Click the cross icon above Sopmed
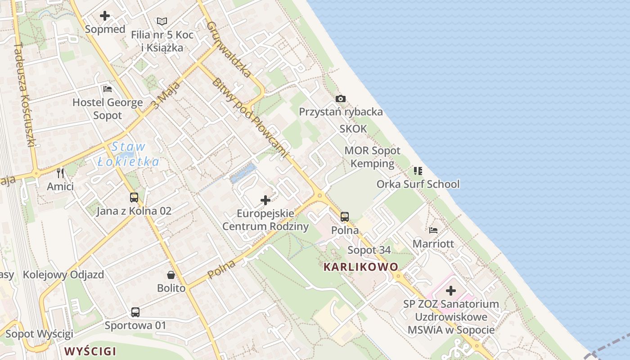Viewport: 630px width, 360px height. pos(105,16)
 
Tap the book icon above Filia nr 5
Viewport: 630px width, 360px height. pos(162,21)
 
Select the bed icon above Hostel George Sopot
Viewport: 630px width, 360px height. pos(108,89)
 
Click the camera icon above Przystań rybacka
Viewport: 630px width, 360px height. pos(341,99)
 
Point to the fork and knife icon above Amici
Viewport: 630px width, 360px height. pos(60,173)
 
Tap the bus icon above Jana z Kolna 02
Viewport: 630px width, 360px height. pos(134,197)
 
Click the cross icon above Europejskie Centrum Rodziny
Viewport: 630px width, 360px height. pos(265,200)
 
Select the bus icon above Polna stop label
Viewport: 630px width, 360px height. pos(345,217)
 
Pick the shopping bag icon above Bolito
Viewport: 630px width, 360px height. pos(171,274)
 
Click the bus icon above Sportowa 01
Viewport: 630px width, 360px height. pos(135,312)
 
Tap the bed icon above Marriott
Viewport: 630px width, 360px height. pos(433,230)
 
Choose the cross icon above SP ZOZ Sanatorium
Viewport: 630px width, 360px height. pos(451,291)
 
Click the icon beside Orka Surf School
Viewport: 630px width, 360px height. pos(418,171)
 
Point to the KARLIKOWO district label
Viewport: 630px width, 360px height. pos(361,267)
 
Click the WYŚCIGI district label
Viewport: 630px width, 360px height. pos(90,351)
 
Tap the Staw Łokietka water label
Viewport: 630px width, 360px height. pos(129,154)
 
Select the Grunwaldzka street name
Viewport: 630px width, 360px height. pos(229,49)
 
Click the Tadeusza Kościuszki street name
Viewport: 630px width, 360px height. pos(24,94)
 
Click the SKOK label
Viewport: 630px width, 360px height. pos(353,129)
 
